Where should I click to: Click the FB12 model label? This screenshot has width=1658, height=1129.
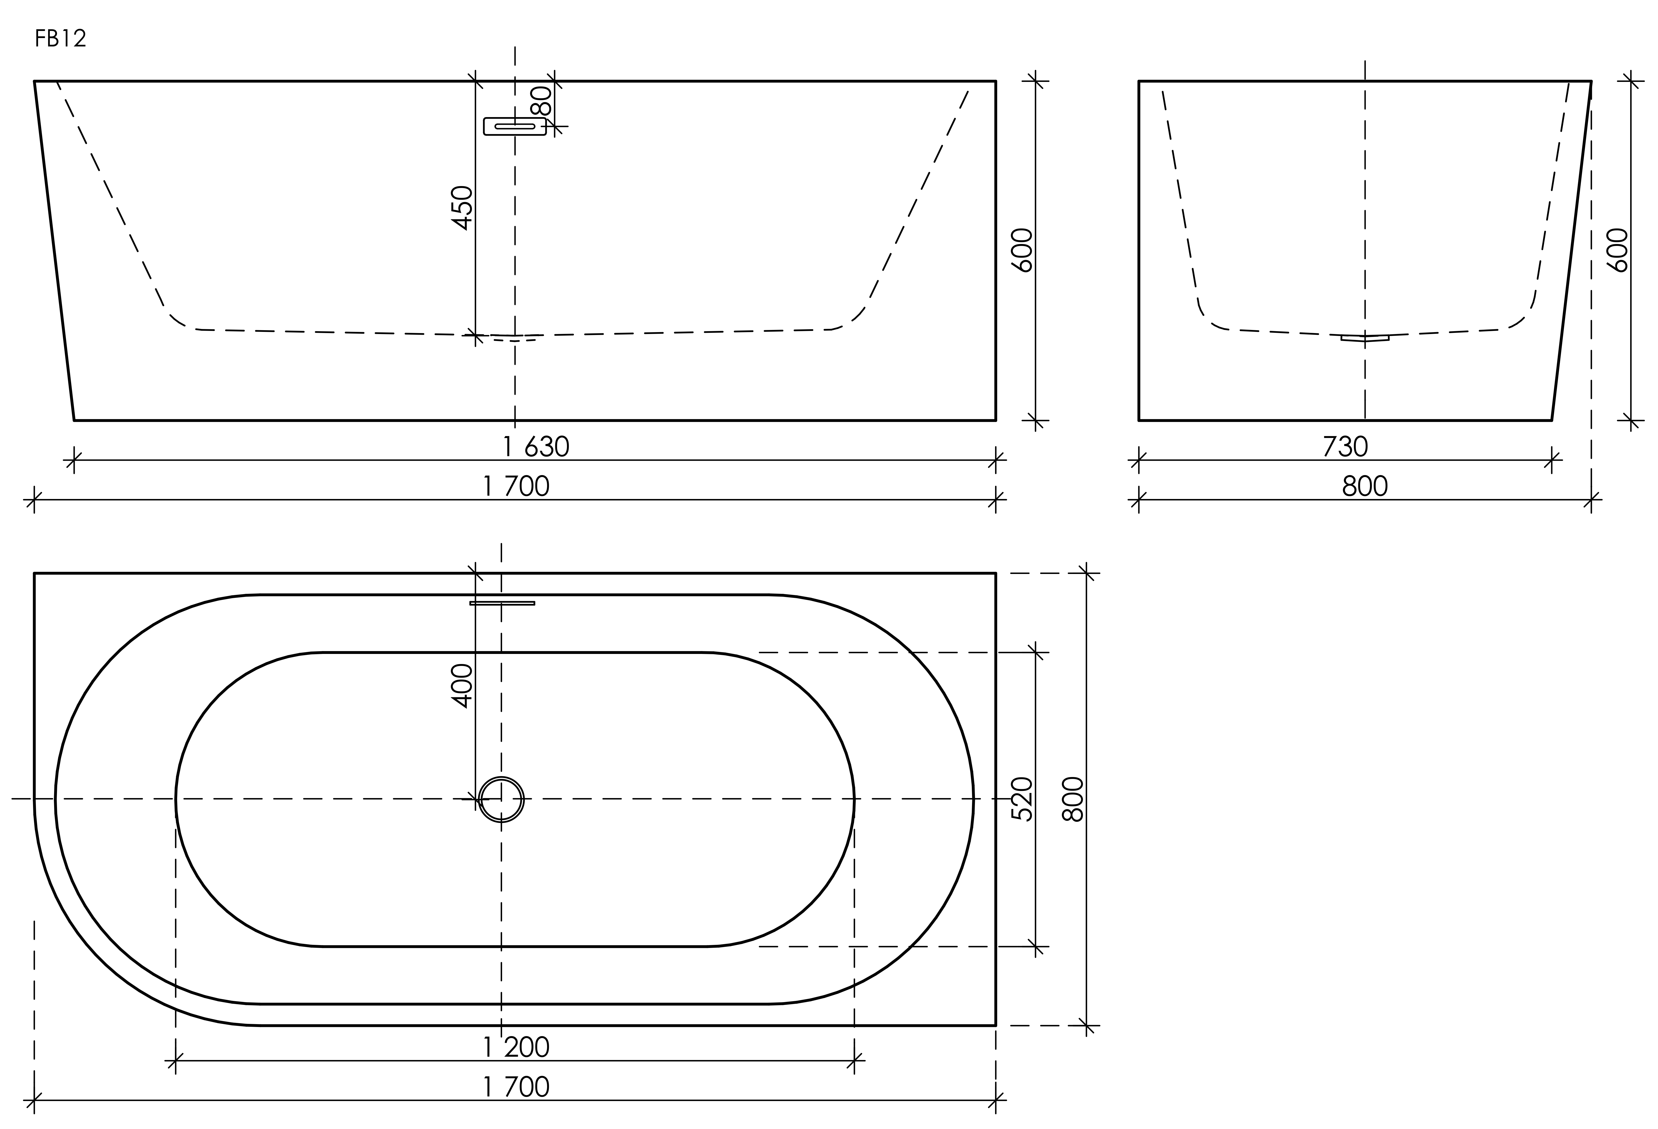click(61, 39)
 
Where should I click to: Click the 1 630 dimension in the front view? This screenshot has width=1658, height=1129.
click(537, 448)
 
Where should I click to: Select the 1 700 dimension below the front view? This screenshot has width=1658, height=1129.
click(516, 487)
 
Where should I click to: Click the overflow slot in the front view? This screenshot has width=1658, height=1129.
click(514, 126)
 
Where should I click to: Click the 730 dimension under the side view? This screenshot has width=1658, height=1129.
click(1346, 448)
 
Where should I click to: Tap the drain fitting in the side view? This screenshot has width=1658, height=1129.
click(1365, 338)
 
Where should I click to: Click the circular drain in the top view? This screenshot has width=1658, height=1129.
click(502, 799)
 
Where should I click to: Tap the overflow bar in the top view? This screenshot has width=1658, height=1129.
click(502, 603)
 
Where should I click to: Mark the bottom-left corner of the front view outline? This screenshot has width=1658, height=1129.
click(74, 420)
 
